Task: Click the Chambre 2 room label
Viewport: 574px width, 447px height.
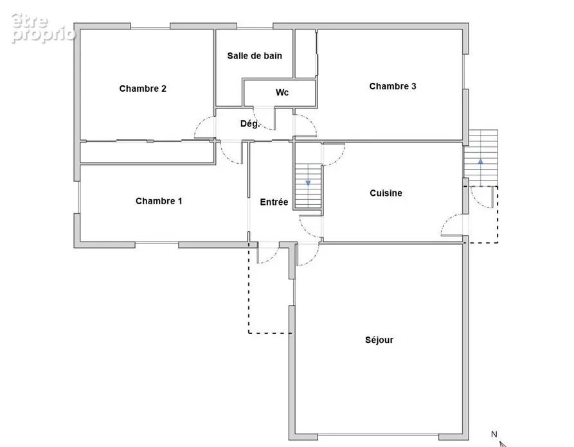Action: click(x=143, y=89)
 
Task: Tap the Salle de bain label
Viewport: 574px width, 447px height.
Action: click(x=255, y=56)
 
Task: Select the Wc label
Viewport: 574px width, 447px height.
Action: click(x=282, y=92)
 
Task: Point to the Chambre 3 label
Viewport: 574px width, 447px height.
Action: click(x=393, y=86)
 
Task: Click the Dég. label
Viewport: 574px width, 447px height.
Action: click(x=249, y=124)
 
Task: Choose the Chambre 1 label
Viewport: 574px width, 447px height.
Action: click(x=159, y=201)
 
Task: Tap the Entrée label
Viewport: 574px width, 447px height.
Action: click(x=274, y=202)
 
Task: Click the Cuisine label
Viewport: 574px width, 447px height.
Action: click(x=386, y=193)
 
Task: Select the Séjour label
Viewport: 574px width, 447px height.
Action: click(x=379, y=340)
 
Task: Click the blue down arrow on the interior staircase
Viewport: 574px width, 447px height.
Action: click(x=309, y=183)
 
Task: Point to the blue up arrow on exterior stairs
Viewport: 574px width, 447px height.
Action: click(x=481, y=161)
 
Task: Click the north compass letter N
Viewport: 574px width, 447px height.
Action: click(x=494, y=434)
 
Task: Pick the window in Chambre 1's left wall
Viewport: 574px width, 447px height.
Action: click(x=77, y=197)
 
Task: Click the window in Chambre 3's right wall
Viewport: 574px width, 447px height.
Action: click(x=465, y=72)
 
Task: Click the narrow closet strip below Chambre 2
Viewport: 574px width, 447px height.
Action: click(x=147, y=152)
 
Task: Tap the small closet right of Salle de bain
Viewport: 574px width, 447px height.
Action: click(x=305, y=53)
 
